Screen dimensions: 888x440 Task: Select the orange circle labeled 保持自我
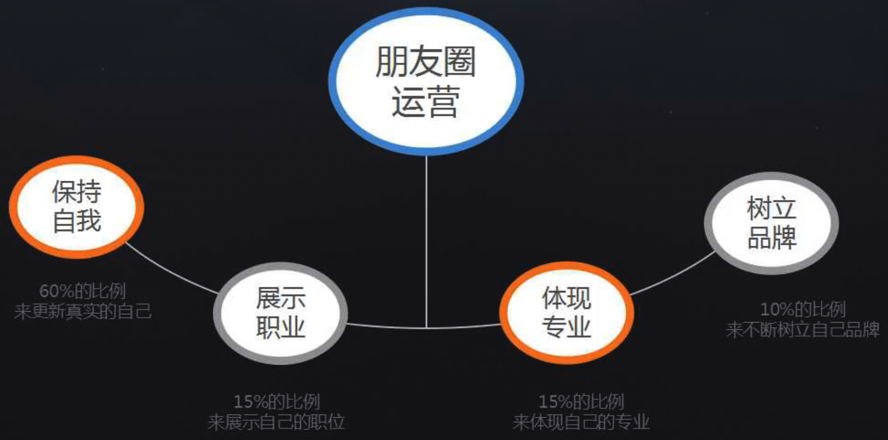pyautogui.click(x=76, y=207)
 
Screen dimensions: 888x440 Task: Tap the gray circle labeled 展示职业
pyautogui.click(x=280, y=313)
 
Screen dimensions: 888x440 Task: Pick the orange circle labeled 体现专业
pyautogui.click(x=567, y=312)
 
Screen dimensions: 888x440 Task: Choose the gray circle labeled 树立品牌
pyautogui.click(x=771, y=223)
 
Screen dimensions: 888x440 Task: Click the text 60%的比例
pyautogui.click(x=83, y=291)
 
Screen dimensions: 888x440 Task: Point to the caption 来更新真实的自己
pyautogui.click(x=83, y=312)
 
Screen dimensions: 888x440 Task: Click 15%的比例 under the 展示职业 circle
pyautogui.click(x=276, y=401)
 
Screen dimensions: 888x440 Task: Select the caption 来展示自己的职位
pyautogui.click(x=276, y=422)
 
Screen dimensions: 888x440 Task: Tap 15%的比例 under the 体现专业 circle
pyautogui.click(x=581, y=401)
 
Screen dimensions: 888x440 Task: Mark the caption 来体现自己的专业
pyautogui.click(x=581, y=422)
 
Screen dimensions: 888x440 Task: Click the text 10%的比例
pyautogui.click(x=803, y=310)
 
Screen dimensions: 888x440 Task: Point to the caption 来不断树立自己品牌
pyautogui.click(x=803, y=329)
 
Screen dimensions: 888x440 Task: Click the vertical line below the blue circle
pyautogui.click(x=426, y=239)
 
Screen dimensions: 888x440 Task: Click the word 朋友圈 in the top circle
pyautogui.click(x=426, y=62)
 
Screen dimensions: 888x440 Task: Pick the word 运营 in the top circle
pyautogui.click(x=426, y=101)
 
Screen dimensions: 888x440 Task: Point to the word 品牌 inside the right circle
pyautogui.click(x=771, y=237)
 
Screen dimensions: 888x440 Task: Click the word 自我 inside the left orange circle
pyautogui.click(x=76, y=220)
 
